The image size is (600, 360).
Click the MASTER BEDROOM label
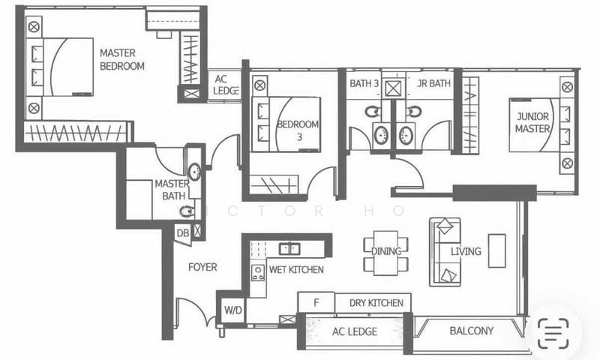point(122,59)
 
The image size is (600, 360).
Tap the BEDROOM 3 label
point(298,130)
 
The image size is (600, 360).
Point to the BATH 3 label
point(364,84)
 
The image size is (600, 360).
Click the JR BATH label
point(433,84)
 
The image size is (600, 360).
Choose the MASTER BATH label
point(170,190)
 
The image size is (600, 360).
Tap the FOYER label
point(202,267)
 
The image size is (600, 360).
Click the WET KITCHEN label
point(296,269)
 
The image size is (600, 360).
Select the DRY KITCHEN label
point(376,303)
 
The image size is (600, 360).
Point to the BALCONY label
point(471,331)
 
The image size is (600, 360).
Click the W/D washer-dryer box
point(232,310)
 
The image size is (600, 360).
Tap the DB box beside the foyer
point(182,233)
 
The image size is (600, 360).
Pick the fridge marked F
point(316,303)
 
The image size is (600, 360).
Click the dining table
point(386,251)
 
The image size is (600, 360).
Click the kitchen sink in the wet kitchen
point(289,248)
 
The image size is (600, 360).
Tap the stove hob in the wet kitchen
point(257,271)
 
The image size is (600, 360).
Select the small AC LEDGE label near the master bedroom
point(226,85)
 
